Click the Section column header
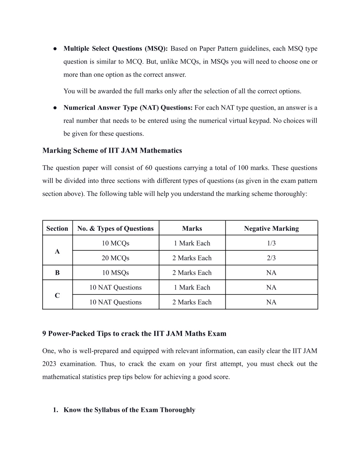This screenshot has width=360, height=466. pyautogui.click(x=57, y=229)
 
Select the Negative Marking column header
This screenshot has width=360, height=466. pyautogui.click(x=271, y=229)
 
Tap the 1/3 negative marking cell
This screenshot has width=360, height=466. pyautogui.click(x=271, y=243)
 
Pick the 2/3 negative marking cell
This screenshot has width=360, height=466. pyautogui.click(x=271, y=258)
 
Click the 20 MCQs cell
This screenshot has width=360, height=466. pyautogui.click(x=115, y=258)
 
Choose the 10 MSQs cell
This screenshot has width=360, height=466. pyautogui.click(x=115, y=273)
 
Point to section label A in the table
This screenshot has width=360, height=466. pyautogui.click(x=57, y=251)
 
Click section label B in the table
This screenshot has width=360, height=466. pyautogui.click(x=57, y=273)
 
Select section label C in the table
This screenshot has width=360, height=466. pyautogui.click(x=57, y=296)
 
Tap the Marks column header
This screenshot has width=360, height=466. pyautogui.click(x=192, y=229)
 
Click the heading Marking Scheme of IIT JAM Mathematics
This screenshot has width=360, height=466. pyautogui.click(x=112, y=151)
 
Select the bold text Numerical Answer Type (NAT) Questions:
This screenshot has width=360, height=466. pyautogui.click(x=128, y=108)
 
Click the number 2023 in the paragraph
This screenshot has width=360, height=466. pyautogui.click(x=49, y=364)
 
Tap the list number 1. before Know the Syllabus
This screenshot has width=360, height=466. pyautogui.click(x=56, y=410)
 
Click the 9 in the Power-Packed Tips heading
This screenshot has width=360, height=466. pyautogui.click(x=44, y=334)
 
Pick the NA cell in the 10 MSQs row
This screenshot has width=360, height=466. pyautogui.click(x=271, y=273)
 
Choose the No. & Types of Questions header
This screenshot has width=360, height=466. pyautogui.click(x=115, y=229)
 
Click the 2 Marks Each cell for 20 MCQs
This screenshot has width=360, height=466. pyautogui.click(x=192, y=258)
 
